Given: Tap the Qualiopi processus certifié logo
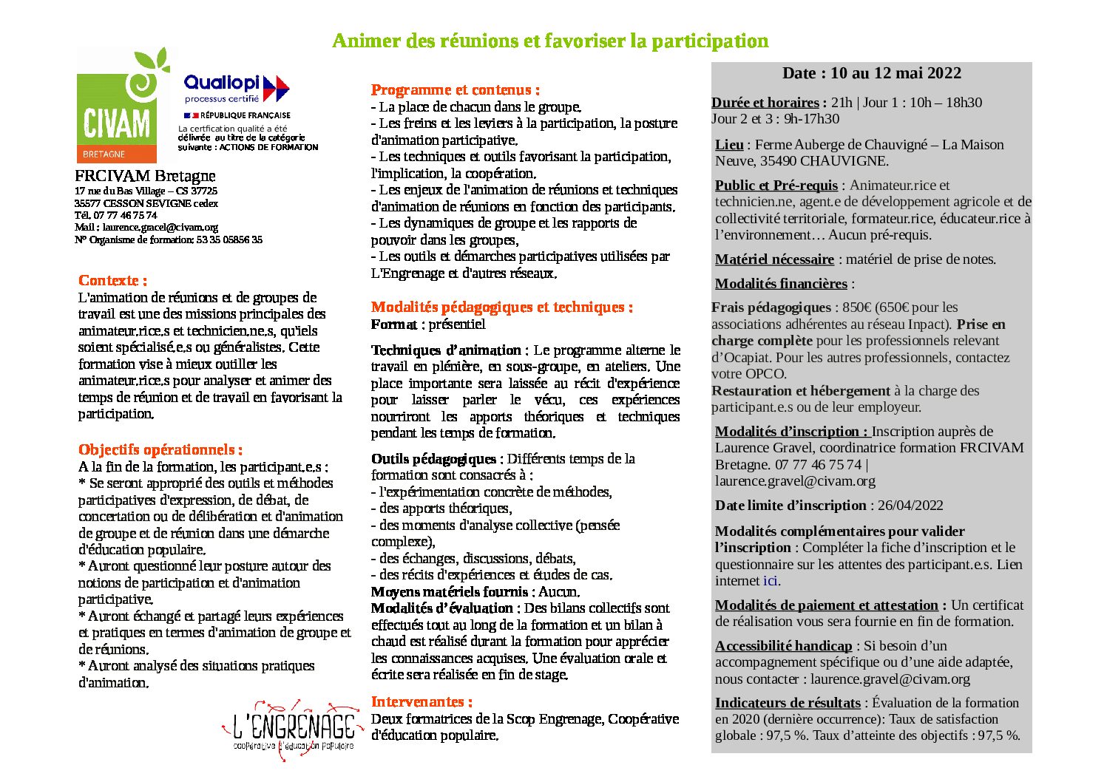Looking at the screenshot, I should coord(235,88).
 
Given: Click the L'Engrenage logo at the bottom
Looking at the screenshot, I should coord(294,727).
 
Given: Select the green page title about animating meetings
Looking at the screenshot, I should coord(550,41).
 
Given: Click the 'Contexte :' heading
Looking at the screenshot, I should coord(112,280).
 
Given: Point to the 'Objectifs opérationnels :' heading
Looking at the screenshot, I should coord(160,449).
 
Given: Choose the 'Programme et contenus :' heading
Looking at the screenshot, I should coord(455,90).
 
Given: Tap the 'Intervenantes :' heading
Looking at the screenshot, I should coord(421,701).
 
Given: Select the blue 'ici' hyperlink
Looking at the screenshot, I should coord(771,581).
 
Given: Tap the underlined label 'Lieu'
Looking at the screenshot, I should coord(729,145).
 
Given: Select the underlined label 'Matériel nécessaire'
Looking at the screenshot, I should coord(774,259).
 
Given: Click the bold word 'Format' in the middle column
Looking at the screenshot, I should coord(393,324).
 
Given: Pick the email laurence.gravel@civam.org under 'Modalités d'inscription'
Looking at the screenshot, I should coord(795,481).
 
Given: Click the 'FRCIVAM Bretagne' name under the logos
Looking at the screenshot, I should coord(145,176).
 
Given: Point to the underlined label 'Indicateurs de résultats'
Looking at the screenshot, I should coord(788,703).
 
